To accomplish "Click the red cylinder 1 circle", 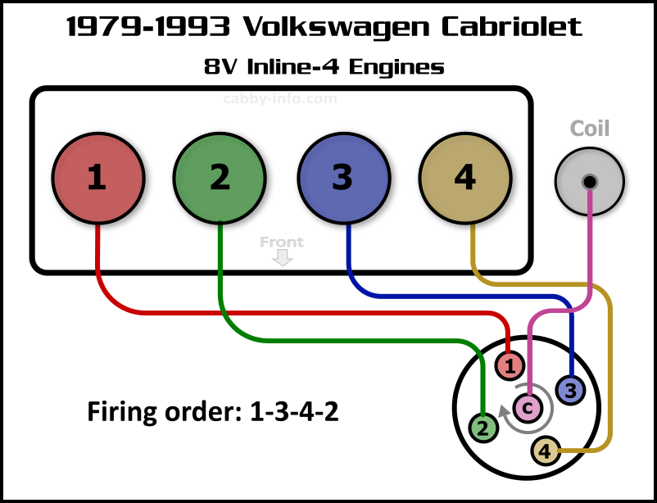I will (97, 177).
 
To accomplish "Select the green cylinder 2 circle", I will (220, 177).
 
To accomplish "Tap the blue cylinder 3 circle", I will (342, 177).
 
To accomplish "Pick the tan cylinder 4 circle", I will (464, 177).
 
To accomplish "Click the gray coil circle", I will (589, 181).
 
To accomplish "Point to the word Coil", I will (590, 129).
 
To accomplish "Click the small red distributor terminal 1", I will (510, 366).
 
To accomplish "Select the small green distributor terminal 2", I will (483, 427).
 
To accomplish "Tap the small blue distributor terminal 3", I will (570, 390).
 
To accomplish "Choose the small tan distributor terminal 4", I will (546, 450).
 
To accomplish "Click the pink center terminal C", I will (528, 407).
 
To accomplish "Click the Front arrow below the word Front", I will (283, 258).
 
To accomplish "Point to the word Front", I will (282, 242).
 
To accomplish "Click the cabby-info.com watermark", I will (280, 99).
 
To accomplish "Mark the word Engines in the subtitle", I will (396, 66).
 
